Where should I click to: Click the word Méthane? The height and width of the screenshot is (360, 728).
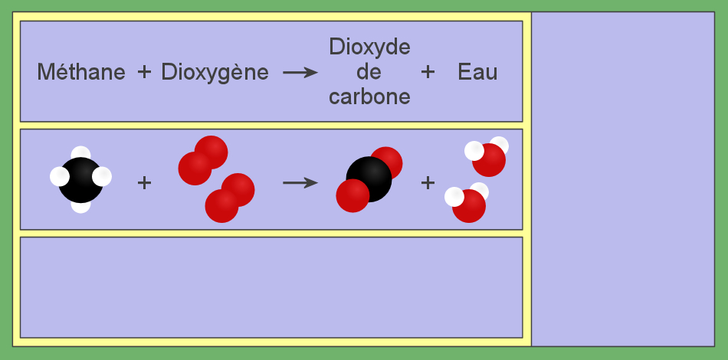point(81,72)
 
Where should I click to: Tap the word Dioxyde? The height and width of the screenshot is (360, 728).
point(369,48)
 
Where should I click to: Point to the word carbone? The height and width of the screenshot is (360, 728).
point(369,97)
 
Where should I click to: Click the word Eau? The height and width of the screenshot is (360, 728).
point(477,72)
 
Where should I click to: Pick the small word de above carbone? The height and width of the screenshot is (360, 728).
point(369,72)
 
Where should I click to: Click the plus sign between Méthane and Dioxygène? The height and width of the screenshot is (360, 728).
point(144,72)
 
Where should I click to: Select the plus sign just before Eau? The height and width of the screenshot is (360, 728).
point(428,72)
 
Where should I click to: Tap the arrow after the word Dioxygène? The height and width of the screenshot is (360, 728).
point(300,72)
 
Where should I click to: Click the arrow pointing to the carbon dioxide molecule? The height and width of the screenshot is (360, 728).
point(300,183)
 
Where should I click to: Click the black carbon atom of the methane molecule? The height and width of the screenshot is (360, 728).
point(80,180)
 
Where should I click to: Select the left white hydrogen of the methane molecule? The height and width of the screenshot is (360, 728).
point(60,177)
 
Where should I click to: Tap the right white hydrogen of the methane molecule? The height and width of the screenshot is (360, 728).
point(102,177)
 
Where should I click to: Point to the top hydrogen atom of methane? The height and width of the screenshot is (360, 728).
point(80,153)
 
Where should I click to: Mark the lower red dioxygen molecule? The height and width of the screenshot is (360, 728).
point(230,198)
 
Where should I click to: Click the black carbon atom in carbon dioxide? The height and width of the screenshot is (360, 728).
point(369,179)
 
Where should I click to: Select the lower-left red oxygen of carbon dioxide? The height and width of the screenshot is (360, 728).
point(353,196)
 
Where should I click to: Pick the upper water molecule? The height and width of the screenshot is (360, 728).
point(487,157)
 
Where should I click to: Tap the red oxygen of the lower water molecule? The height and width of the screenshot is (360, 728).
point(469,206)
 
